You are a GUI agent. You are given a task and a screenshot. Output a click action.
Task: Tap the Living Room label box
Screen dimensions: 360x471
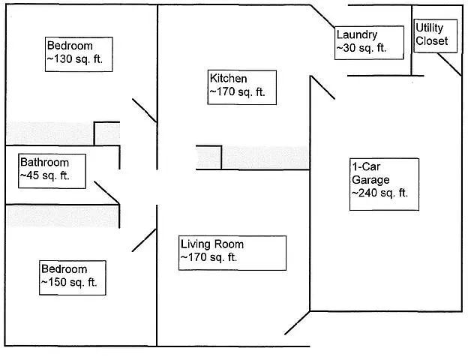coord(232,252)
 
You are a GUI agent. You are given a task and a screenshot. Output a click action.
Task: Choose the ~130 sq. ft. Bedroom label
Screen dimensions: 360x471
coord(78,53)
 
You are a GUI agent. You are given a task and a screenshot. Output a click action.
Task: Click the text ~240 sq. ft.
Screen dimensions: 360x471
coord(379,193)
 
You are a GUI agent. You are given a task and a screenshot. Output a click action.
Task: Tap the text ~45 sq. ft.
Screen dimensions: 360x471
coord(45,176)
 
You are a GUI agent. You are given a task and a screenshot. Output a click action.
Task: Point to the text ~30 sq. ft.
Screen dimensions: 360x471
coord(361,48)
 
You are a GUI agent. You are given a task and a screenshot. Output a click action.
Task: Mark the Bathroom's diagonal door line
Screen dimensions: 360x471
coord(106,192)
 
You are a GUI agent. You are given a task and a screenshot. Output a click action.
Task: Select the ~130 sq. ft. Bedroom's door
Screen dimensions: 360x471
coord(144,109)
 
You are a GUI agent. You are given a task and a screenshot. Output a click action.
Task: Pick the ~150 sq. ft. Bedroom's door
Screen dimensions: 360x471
coord(143,240)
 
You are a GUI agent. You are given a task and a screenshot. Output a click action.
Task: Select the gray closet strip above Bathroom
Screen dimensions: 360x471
coord(49,133)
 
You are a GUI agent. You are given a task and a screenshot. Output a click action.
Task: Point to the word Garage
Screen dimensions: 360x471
coord(370,179)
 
